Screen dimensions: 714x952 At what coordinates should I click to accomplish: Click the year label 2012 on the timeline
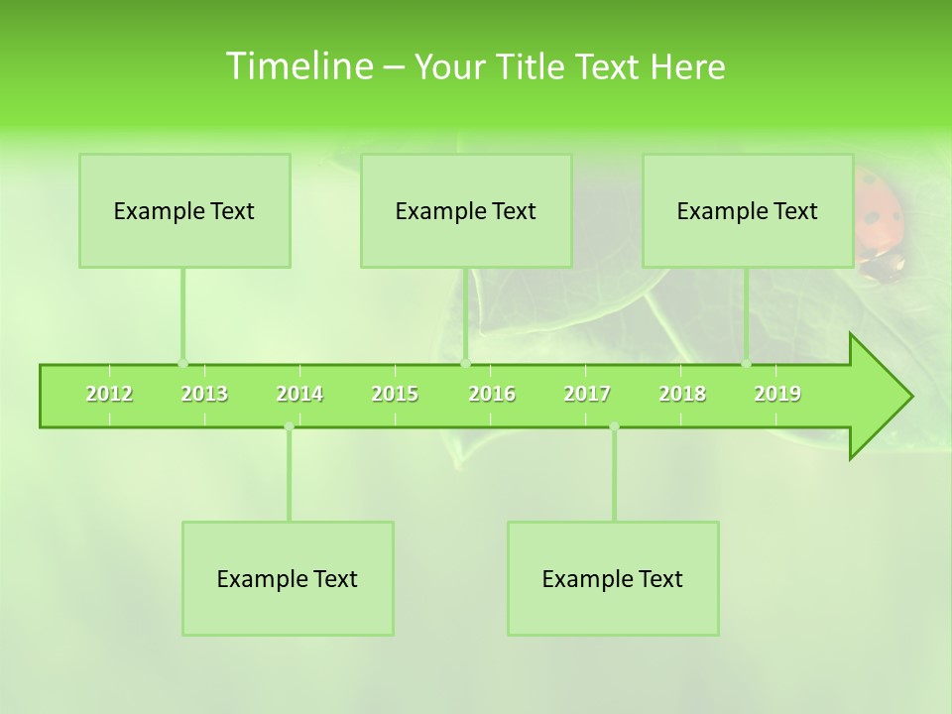[109, 394]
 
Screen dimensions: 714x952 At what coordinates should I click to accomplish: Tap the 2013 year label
[204, 394]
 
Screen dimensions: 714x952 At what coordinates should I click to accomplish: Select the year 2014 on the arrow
[299, 394]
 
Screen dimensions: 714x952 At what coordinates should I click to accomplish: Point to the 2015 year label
[395, 394]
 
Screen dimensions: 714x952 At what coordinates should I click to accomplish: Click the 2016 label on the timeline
[492, 394]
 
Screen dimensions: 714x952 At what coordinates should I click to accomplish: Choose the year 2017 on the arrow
[587, 394]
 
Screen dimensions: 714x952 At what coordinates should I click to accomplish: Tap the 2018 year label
[682, 394]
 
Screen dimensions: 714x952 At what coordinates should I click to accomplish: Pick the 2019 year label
[777, 394]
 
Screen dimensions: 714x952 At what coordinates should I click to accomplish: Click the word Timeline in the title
[297, 66]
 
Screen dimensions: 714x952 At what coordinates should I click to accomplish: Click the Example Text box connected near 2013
[184, 210]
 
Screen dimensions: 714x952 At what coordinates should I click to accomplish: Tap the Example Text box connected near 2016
[466, 210]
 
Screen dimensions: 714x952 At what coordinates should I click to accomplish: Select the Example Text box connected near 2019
[748, 210]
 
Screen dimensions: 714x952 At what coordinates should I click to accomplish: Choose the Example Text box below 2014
[288, 578]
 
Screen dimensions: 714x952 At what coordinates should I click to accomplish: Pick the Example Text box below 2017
[613, 578]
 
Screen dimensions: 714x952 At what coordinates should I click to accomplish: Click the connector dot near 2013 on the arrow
[182, 363]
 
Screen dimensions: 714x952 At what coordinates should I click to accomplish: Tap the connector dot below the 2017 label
[614, 426]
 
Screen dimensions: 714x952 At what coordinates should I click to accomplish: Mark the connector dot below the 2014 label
[289, 426]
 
